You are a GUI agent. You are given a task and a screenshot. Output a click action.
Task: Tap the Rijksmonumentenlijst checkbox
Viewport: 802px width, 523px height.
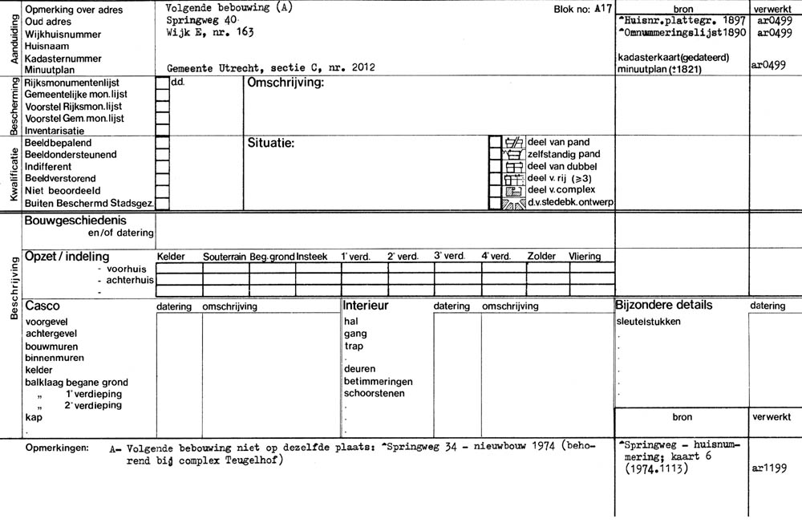point(163,83)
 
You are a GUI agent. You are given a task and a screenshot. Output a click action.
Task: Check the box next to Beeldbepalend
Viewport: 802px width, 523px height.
point(163,143)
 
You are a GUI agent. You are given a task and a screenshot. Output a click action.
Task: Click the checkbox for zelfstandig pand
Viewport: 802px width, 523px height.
point(495,155)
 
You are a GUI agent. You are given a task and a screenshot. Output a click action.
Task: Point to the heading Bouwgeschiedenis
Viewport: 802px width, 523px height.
point(75,220)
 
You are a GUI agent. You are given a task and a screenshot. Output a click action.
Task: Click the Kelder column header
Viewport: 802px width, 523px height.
point(171,257)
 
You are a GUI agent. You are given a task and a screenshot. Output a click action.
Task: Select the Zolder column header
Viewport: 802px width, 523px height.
point(541,257)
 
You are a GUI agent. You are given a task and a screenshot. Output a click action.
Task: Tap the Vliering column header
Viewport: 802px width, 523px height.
point(585,257)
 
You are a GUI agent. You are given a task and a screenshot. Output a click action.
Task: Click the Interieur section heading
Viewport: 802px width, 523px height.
point(366,306)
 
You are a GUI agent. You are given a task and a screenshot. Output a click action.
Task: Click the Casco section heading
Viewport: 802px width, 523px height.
point(43,306)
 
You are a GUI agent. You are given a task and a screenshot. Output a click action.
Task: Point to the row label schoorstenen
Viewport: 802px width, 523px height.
point(375,394)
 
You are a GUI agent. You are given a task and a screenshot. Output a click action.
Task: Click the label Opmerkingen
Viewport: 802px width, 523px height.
point(57,447)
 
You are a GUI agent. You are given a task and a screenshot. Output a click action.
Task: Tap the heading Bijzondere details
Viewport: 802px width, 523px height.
point(663,306)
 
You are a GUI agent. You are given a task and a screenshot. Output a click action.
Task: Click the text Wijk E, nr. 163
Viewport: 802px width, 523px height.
point(207,32)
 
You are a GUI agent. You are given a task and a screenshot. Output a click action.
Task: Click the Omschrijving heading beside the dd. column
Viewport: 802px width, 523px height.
point(286,83)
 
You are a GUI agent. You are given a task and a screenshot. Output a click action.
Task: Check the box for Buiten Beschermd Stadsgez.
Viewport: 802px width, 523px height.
point(163,204)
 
